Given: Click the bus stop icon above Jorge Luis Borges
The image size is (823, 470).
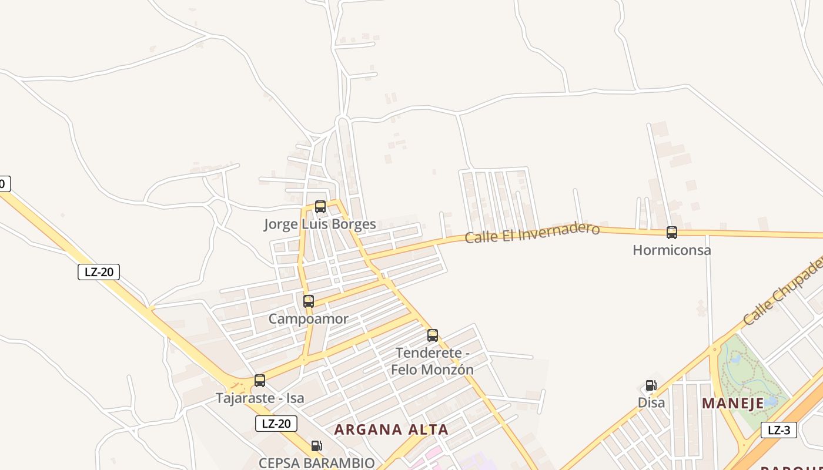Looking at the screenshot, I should pos(320,207).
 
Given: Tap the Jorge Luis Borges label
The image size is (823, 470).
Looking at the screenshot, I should pos(320,224).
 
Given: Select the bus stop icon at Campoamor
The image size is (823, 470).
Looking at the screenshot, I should pos(309,301).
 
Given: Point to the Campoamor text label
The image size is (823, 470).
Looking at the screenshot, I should pos(308,319).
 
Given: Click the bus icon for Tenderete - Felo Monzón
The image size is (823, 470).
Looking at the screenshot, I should pos(433,335).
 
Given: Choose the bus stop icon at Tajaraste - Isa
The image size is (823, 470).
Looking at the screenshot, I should pos(260,381).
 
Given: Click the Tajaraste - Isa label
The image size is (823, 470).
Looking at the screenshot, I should pos(260,398).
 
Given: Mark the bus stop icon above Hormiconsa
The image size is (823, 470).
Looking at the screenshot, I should pos(672,233).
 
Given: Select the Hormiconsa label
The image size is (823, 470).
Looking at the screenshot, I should pos(671,250).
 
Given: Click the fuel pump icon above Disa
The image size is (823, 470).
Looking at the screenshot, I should pos(651,385).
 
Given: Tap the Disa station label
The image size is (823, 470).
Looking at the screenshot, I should pos(651,403).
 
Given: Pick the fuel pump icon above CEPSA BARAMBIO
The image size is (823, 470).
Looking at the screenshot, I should pos(316,446).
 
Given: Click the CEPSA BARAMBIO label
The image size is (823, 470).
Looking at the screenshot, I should pos(316,463).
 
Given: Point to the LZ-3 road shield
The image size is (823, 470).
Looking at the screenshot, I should pos(779,430).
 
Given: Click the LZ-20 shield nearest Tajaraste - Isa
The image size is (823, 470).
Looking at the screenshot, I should pos(276,424).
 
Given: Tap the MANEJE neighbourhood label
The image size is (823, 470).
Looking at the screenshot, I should pos(732,404).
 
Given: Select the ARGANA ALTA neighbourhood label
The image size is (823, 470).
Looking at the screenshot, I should pos(391,429).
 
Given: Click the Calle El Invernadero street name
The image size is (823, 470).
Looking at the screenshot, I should pos(532,233).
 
